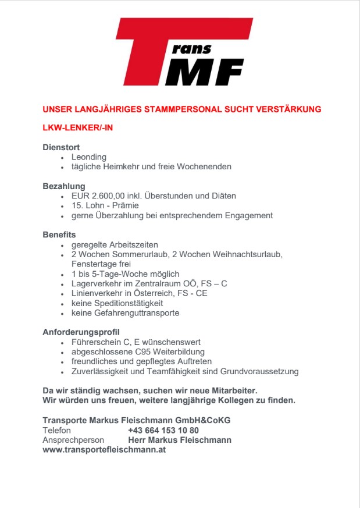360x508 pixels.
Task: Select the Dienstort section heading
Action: [61, 147]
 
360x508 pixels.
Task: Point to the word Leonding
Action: [89, 157]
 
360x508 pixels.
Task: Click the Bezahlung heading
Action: [64, 186]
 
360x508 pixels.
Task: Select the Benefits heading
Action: [59, 235]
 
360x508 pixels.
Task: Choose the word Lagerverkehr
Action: [95, 283]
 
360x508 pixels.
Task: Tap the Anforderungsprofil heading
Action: [81, 332]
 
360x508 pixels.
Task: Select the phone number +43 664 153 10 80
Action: [163, 430]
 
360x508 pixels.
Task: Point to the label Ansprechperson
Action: [73, 440]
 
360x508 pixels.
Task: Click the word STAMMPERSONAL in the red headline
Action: [166, 109]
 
